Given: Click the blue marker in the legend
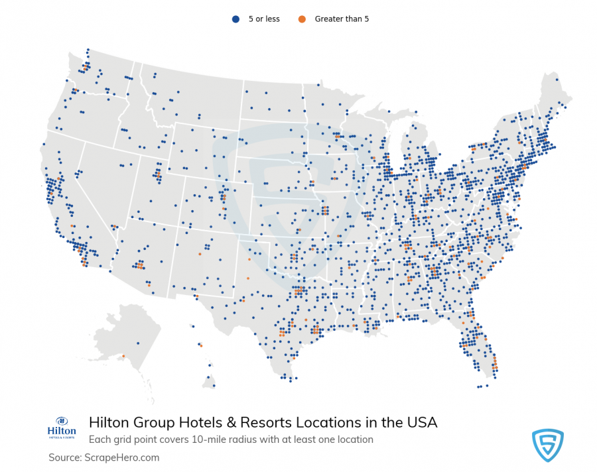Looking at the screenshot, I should [x=235, y=19].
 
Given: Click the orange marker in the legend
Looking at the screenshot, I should [x=302, y=19].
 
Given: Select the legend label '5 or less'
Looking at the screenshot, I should [x=264, y=19].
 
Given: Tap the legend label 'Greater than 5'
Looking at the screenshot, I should [x=342, y=19].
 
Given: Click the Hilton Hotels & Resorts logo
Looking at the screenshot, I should [x=62, y=428].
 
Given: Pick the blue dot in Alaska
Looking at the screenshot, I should [x=138, y=343].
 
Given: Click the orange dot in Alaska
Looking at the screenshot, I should [x=123, y=357].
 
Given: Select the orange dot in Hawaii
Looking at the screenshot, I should [x=201, y=345].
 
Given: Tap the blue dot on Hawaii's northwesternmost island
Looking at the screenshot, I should [x=192, y=325].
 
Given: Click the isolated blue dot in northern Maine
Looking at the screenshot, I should [x=557, y=80].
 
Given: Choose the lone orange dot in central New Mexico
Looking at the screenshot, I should [x=199, y=254].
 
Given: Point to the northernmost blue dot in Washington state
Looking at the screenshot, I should [x=88, y=49].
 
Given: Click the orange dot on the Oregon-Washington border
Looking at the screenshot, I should [x=77, y=90].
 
